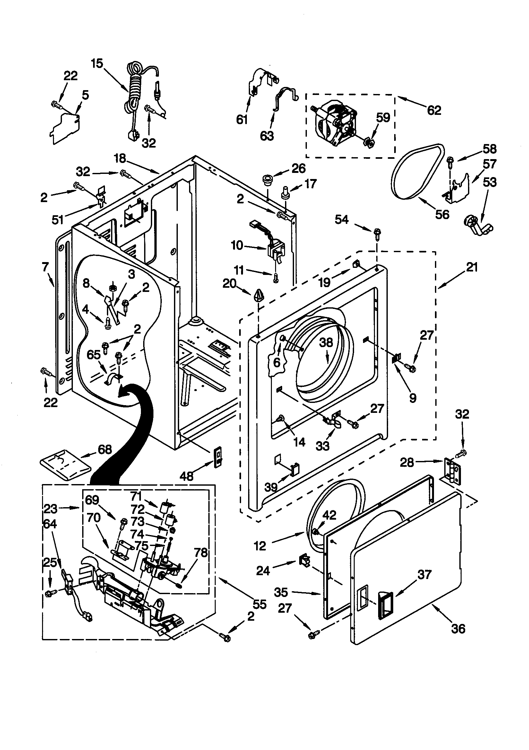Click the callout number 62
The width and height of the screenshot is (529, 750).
[x=434, y=110]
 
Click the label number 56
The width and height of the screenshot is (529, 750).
[x=442, y=214]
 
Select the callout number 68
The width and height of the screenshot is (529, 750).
[x=105, y=450]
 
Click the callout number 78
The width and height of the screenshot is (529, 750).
[x=200, y=552]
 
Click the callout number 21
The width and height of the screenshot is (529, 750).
[x=472, y=267]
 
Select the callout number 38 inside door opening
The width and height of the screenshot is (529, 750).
[x=326, y=343]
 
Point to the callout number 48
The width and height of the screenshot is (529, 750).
[x=187, y=476]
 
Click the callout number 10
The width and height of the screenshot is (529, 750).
[x=237, y=245]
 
